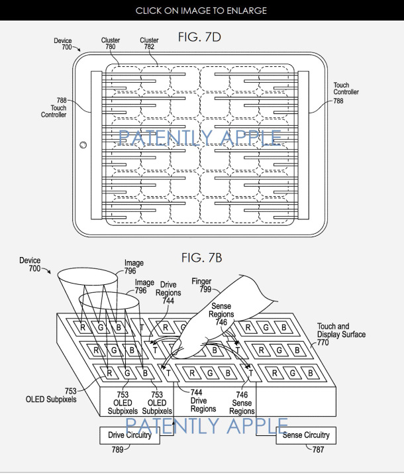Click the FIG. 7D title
[199, 37]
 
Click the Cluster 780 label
[111, 44]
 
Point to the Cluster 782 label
[149, 44]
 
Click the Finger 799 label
[201, 286]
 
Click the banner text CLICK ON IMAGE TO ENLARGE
[202, 11]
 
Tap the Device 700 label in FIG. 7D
[63, 44]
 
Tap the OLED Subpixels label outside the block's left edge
[51, 395]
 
